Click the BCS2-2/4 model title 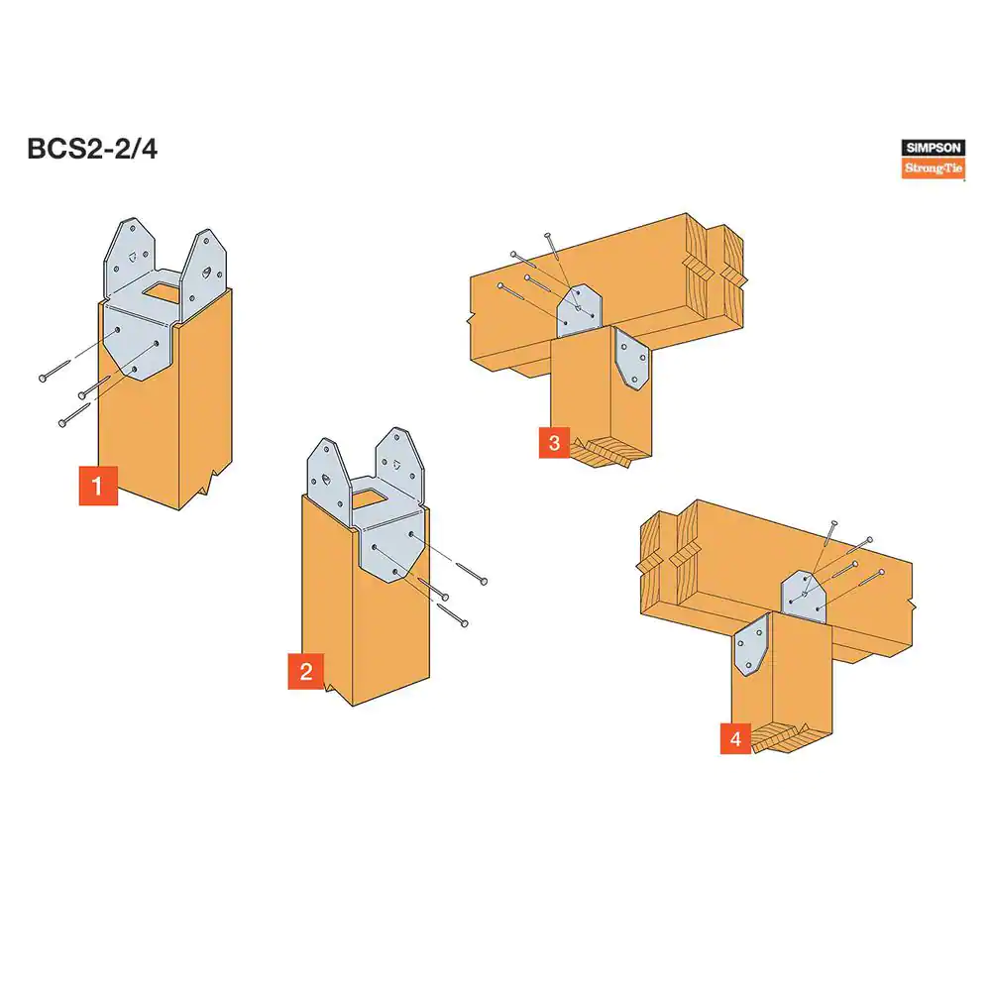[x=92, y=150]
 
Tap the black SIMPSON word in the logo [x=933, y=148]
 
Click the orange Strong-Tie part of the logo [x=933, y=168]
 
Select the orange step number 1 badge [x=98, y=486]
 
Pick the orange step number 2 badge [x=306, y=671]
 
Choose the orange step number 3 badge [x=554, y=442]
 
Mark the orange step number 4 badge [x=735, y=739]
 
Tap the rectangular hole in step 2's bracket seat [x=369, y=498]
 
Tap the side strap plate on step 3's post [x=631, y=359]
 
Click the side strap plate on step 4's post [x=751, y=646]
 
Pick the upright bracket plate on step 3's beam [x=579, y=311]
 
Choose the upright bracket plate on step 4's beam [x=804, y=597]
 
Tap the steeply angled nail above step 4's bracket [x=820, y=556]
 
